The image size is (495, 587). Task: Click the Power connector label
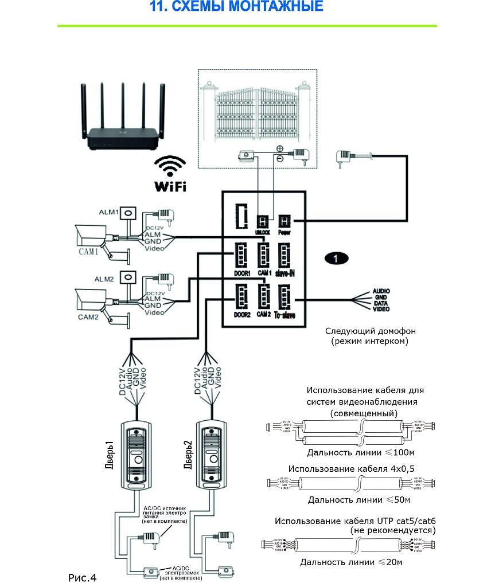285,233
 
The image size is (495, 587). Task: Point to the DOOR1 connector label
242,274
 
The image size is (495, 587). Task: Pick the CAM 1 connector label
264,274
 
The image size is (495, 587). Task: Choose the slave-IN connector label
285,274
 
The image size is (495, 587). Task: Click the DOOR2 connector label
242,315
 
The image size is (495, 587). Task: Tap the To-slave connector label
285,315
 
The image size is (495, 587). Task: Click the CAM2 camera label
88,315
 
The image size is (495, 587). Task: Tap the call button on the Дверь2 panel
212,460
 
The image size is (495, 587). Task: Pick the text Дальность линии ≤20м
351,562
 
